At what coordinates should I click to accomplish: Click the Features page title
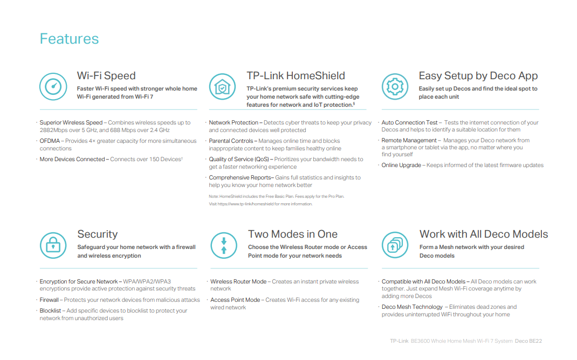pyautogui.click(x=69, y=39)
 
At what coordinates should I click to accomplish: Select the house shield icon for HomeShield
pyautogui.click(x=222, y=87)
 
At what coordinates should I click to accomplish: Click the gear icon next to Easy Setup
pyautogui.click(x=395, y=87)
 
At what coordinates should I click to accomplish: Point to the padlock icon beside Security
pyautogui.click(x=53, y=246)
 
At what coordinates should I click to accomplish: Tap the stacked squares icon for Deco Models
pyautogui.click(x=395, y=246)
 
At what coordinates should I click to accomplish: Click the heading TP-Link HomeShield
pyautogui.click(x=296, y=76)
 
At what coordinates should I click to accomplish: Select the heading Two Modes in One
pyautogui.click(x=292, y=234)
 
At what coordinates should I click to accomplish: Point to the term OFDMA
pyautogui.click(x=50, y=141)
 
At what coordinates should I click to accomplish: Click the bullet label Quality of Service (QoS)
pyautogui.click(x=240, y=160)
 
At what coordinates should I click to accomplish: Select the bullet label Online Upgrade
pyautogui.click(x=401, y=165)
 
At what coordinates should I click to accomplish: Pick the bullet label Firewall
pyautogui.click(x=49, y=300)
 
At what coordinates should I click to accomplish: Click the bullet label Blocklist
pyautogui.click(x=50, y=311)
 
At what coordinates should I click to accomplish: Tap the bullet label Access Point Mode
pyautogui.click(x=235, y=300)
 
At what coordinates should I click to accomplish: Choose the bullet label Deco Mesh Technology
pyautogui.click(x=412, y=307)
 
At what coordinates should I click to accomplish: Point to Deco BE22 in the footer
pyautogui.click(x=528, y=341)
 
